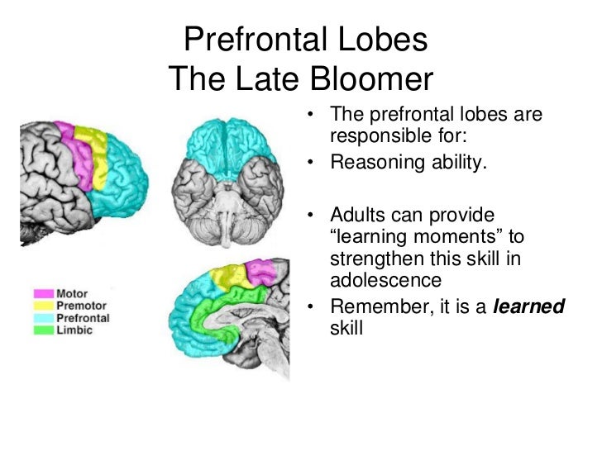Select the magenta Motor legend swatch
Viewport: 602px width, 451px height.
pos(43,293)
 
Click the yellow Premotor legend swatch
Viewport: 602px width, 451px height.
pos(43,305)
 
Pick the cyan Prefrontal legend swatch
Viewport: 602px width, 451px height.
pos(43,316)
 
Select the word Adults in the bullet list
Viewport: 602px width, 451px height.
pos(356,216)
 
